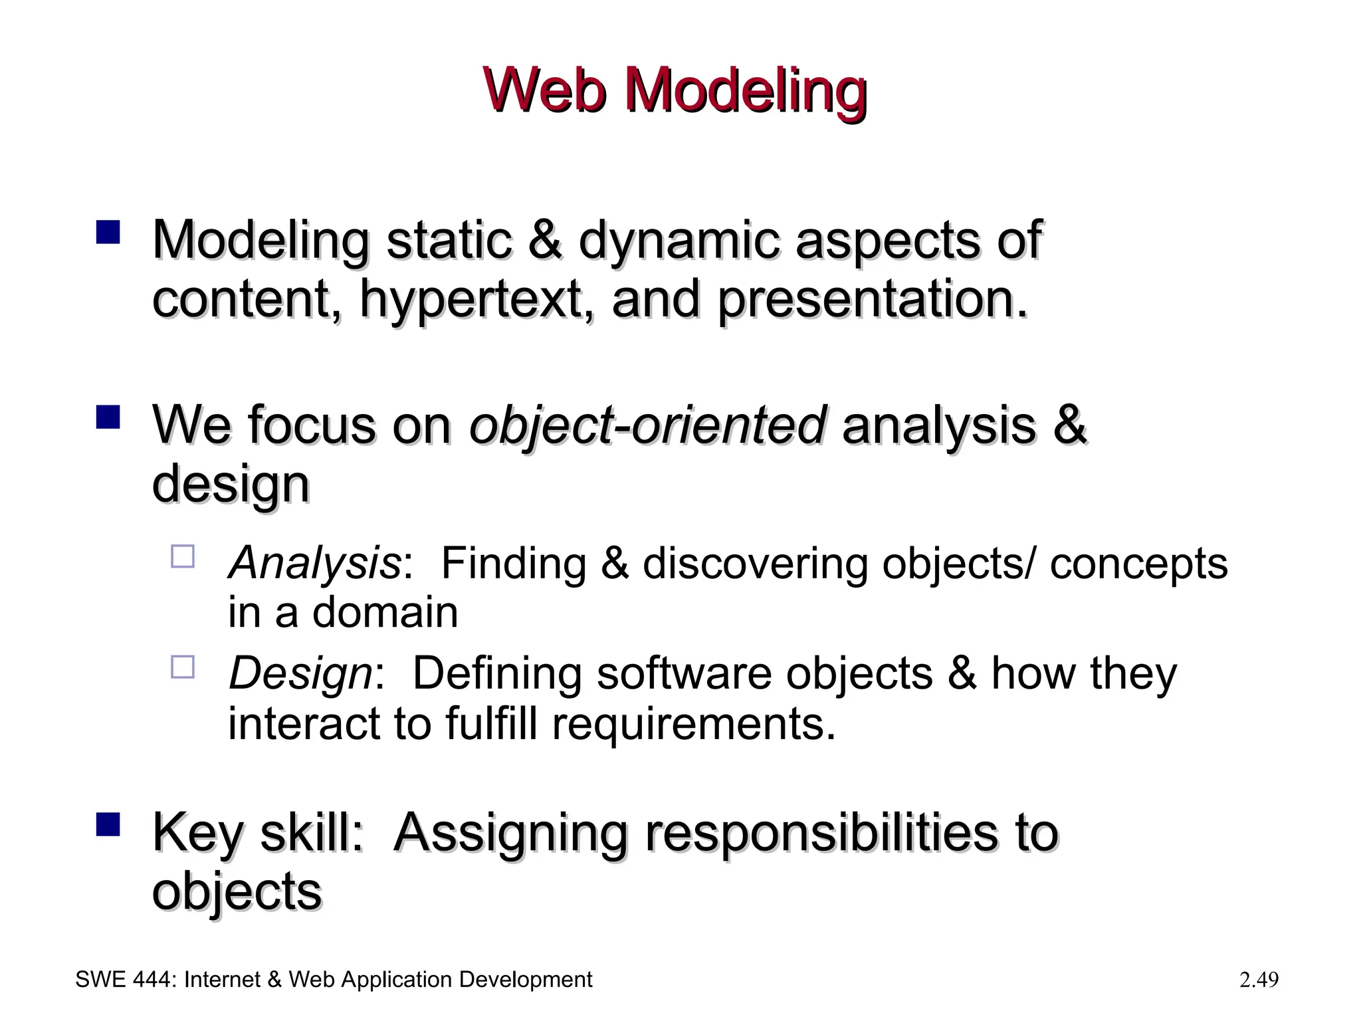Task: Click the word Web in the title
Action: [546, 91]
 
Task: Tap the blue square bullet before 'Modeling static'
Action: [108, 233]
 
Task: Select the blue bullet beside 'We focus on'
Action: [108, 417]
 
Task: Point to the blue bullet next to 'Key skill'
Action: [108, 824]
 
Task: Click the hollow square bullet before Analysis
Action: [183, 556]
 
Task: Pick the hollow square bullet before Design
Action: [183, 667]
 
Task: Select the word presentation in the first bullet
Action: [873, 300]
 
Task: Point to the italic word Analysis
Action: [314, 564]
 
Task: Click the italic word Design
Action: [300, 674]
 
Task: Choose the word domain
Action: [385, 612]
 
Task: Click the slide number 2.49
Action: [1259, 980]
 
